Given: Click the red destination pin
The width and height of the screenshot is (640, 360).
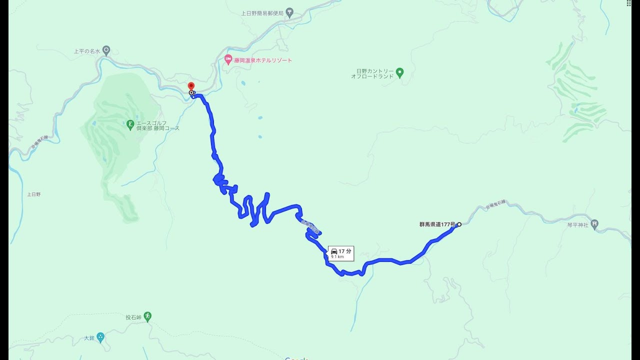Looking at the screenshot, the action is pos(191,86).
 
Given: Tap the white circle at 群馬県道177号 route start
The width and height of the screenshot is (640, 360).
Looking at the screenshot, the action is pos(459,224).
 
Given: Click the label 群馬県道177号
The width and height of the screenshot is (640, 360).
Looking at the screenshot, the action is pos(437,224).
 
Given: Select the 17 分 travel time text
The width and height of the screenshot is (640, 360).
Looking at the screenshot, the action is pos(345,251).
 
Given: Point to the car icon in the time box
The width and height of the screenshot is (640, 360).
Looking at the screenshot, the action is pos(334,251).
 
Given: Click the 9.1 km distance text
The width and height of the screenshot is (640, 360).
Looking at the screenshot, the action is pos(337,257).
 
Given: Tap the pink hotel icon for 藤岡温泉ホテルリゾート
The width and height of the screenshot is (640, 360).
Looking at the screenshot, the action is pos(228,60).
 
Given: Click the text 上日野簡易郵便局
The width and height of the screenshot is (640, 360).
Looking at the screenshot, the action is pos(262,13).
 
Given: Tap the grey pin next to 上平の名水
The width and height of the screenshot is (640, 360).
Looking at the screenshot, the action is pos(106,50).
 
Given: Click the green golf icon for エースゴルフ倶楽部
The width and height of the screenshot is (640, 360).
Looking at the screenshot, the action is pos(130,123).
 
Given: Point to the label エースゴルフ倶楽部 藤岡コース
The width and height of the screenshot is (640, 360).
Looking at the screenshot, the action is pos(157,125).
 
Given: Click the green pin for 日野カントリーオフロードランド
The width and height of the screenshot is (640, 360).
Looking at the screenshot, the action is pos(399,73).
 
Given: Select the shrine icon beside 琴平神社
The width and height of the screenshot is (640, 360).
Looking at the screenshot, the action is pos(594,224).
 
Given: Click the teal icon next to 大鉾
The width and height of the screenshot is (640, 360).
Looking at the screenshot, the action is pos(100,337).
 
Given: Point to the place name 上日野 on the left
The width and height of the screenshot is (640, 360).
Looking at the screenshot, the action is pos(34,194).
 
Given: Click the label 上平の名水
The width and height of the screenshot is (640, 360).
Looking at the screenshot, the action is pos(87,51).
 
